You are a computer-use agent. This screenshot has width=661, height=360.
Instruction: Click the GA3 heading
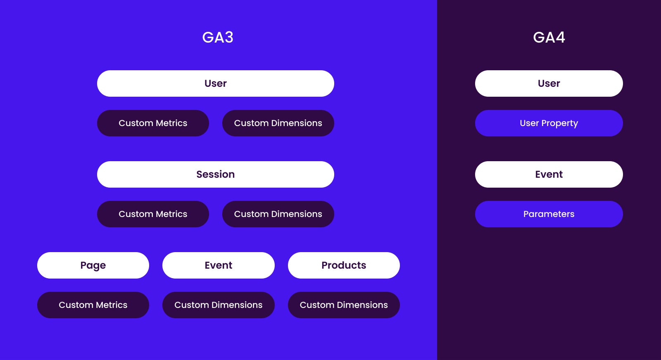(x=218, y=37)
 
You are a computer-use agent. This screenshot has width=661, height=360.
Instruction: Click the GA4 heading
(x=549, y=37)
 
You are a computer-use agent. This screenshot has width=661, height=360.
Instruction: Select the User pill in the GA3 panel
(x=215, y=83)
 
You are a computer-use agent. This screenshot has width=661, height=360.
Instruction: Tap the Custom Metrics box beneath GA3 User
(x=153, y=123)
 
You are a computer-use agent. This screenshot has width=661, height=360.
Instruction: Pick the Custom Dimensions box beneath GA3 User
(x=278, y=123)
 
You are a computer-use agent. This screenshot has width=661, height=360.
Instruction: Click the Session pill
(x=215, y=174)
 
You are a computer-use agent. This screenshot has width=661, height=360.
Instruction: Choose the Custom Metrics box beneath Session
(x=153, y=214)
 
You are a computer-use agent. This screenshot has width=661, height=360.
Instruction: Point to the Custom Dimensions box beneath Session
(x=278, y=214)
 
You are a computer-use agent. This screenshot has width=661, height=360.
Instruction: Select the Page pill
(x=93, y=265)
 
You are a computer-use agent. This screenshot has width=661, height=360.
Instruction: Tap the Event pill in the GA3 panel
(x=218, y=265)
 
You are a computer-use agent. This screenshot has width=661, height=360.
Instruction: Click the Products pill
(x=344, y=265)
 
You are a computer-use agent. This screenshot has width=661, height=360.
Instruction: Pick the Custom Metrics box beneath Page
(x=93, y=305)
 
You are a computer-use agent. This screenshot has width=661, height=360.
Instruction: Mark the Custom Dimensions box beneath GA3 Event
(x=218, y=305)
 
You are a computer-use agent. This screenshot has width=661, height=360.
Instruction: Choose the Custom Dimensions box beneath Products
(x=344, y=305)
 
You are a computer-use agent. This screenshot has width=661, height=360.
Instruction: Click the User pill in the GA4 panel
(x=549, y=83)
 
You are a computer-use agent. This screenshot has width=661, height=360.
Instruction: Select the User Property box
(x=549, y=123)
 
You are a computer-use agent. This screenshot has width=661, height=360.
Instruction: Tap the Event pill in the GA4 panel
(x=549, y=174)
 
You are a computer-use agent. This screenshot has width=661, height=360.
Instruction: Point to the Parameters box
(x=549, y=214)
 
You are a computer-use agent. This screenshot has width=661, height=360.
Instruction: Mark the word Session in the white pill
(x=215, y=174)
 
